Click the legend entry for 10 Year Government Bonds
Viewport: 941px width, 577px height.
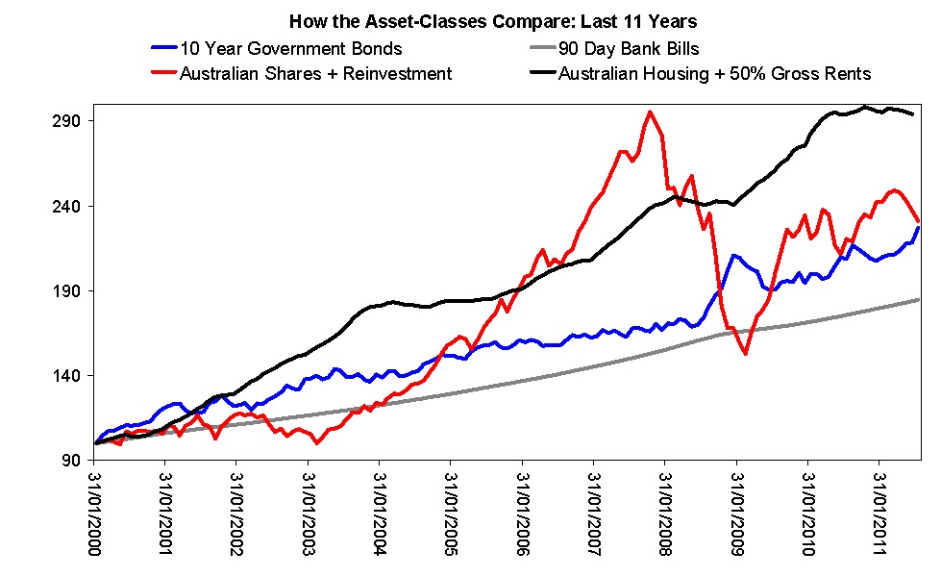[291, 48]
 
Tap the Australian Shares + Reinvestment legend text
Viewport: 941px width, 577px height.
[316, 73]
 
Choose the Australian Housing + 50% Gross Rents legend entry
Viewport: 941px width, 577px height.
[715, 73]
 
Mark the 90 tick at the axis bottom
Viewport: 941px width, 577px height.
[72, 461]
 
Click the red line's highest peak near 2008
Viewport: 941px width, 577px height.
[651, 112]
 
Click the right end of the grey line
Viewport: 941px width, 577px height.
[920, 300]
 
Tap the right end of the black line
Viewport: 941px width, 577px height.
[912, 114]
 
